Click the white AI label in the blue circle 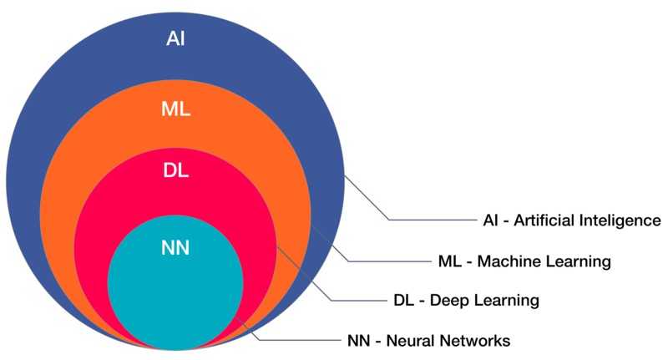pos(175,38)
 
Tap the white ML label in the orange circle pos(175,109)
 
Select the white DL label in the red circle pos(175,170)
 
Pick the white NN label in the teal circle pos(175,248)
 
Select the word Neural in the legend pos(410,341)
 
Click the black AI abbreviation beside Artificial pos(490,221)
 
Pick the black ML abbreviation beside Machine pos(449,261)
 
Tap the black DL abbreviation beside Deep pos(403,301)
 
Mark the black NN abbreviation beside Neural pos(359,341)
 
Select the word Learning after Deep pos(506,301)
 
